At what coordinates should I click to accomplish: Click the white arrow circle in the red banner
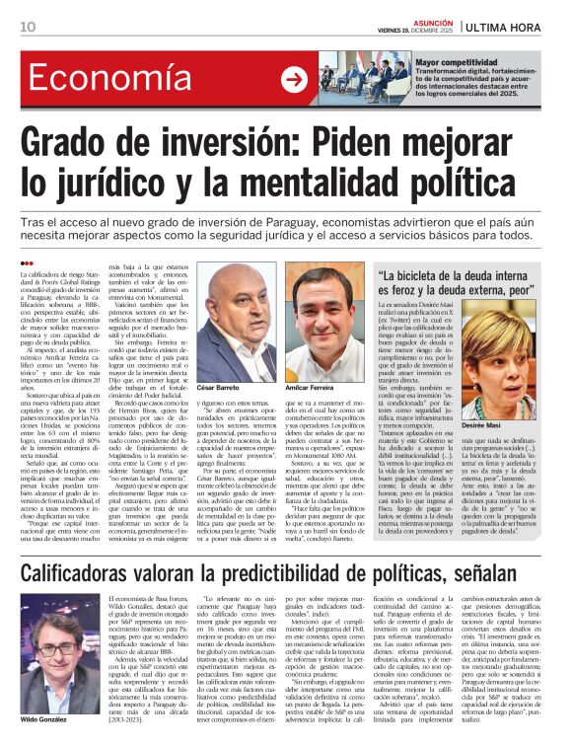point(294,80)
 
